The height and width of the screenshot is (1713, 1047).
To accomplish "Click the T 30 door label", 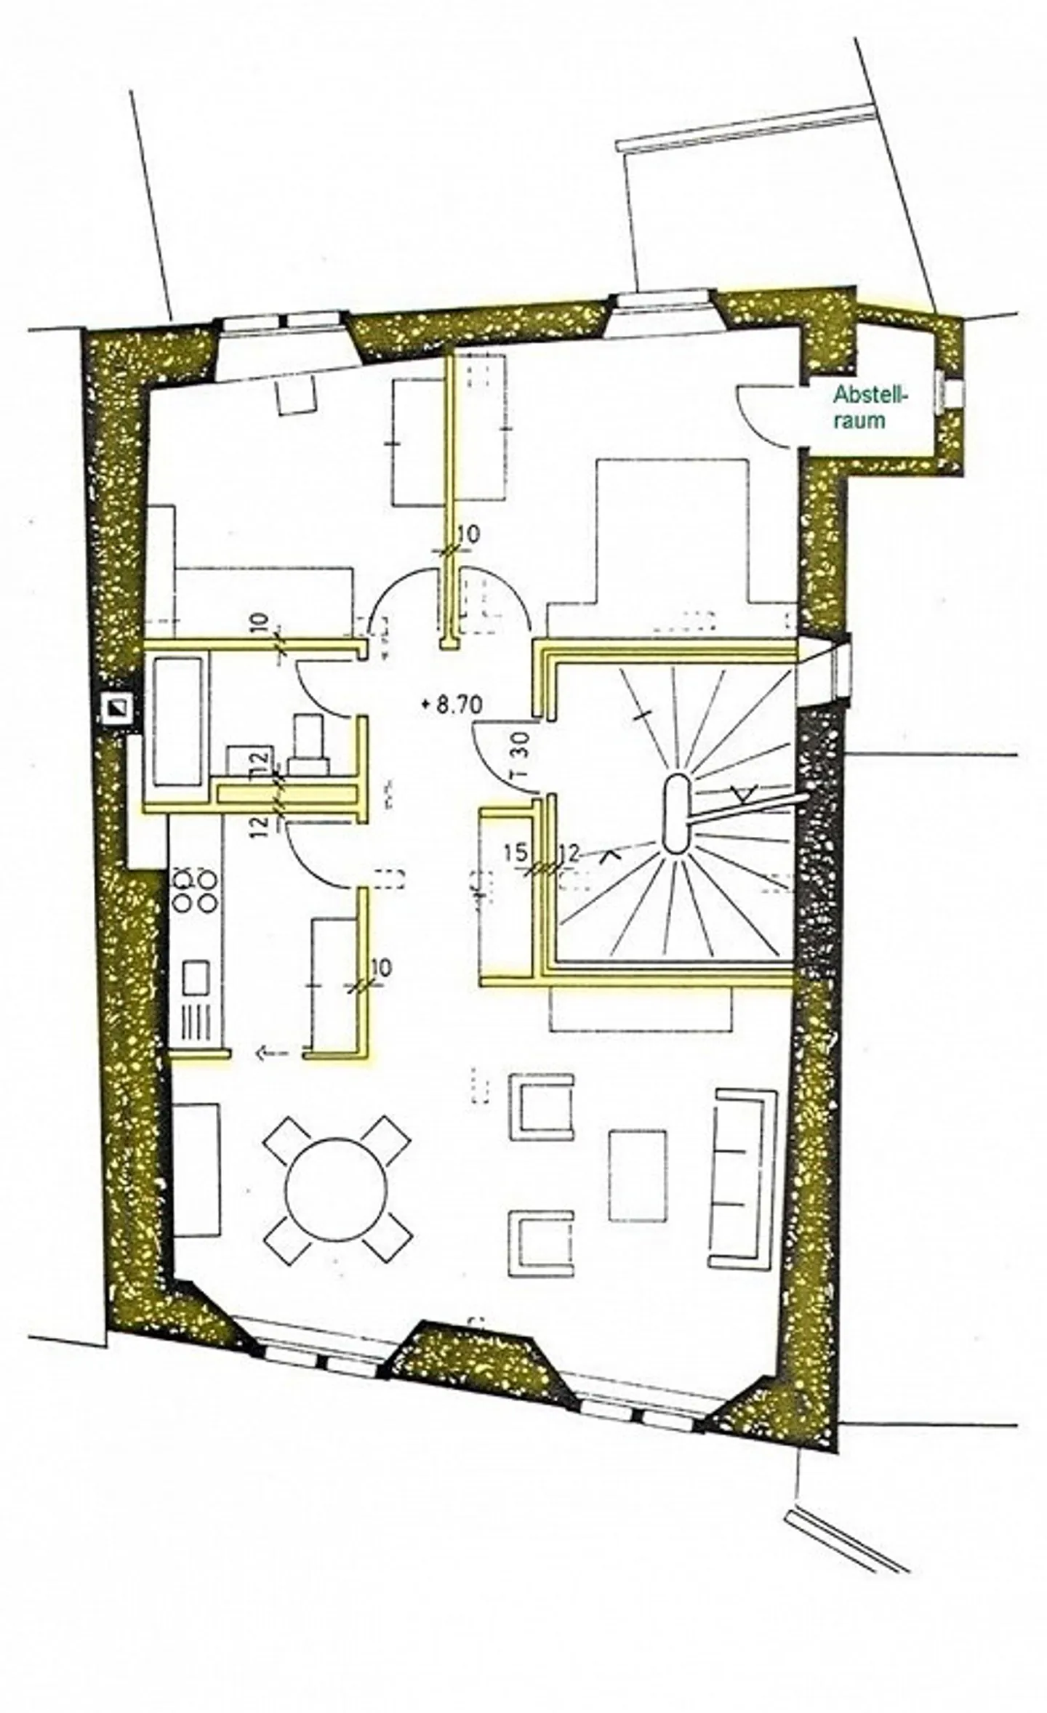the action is (521, 754).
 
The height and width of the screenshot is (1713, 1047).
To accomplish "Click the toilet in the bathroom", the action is (310, 746).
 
